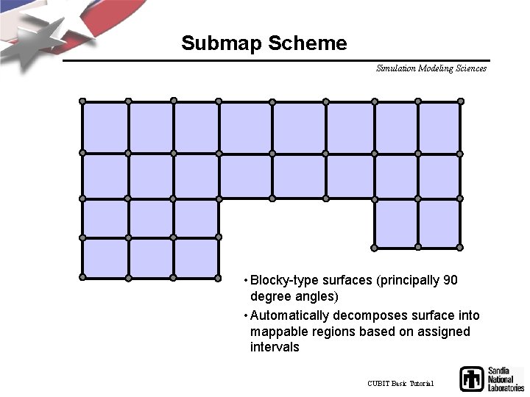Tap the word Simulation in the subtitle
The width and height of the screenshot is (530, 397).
coord(396,68)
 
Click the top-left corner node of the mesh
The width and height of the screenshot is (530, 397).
coord(82,101)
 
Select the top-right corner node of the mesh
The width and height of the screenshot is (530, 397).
coord(461,101)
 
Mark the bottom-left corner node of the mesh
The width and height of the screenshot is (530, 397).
coord(82,277)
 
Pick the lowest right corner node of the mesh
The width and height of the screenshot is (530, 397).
coord(461,247)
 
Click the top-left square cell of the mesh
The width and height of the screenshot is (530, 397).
coord(105,127)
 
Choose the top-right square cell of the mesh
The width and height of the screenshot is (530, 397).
coord(439,127)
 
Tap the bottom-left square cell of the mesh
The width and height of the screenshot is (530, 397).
coord(105,257)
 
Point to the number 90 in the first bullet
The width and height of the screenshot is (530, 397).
coord(451,280)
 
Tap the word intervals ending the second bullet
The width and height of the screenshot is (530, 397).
coord(275,347)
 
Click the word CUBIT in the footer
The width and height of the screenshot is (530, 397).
coord(378,384)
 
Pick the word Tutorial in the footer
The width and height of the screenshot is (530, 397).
coord(422,384)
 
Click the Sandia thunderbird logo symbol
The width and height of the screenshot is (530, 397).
coord(471,379)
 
